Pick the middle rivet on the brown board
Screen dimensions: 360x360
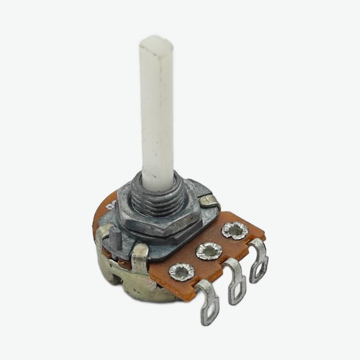(209, 251)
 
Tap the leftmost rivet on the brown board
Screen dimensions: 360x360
(180, 272)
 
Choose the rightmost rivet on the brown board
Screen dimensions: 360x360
(235, 230)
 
